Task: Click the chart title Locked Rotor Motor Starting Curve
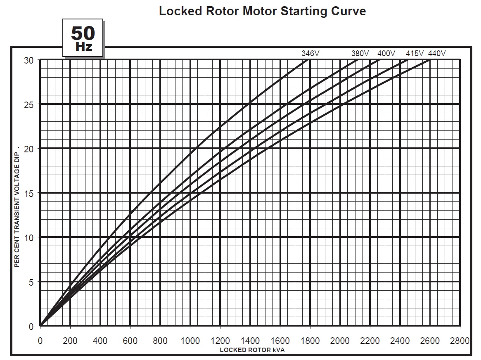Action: [262, 11]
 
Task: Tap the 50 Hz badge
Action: [83, 38]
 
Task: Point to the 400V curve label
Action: [386, 53]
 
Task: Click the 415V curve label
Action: [415, 53]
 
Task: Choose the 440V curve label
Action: [437, 53]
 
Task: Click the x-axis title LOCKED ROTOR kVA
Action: [252, 350]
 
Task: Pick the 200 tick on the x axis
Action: [70, 341]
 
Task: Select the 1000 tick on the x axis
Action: [190, 341]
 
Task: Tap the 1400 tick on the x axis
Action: [250, 341]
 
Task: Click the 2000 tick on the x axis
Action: [340, 341]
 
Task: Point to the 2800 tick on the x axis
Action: [460, 341]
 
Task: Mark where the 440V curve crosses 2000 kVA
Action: [340, 105]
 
